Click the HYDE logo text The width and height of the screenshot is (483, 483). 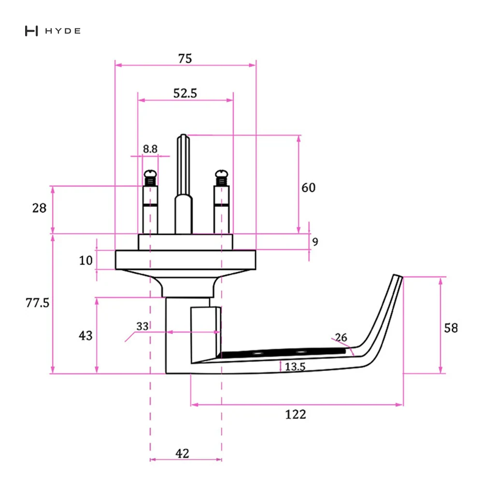[63, 31]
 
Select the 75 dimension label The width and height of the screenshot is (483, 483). [185, 58]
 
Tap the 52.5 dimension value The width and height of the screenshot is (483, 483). [185, 93]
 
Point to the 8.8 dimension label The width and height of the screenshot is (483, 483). [150, 149]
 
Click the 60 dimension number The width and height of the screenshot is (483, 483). [308, 187]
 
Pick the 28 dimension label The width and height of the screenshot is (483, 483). [39, 208]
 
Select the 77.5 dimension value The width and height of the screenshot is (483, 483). [37, 303]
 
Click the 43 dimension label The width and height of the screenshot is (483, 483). [85, 336]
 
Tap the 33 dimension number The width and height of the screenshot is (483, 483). [142, 326]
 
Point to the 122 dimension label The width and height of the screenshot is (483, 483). [296, 414]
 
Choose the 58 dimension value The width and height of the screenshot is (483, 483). [451, 328]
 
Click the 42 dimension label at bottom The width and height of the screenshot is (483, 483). [182, 454]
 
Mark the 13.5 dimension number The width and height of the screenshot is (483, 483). [295, 367]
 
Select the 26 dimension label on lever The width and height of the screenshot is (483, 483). [341, 337]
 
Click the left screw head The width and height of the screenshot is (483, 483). [150, 174]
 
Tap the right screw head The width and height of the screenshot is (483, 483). [222, 174]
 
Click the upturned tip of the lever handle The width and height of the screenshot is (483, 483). [398, 276]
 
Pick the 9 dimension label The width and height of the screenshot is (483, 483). [315, 242]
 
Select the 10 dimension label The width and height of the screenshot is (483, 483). [85, 261]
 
